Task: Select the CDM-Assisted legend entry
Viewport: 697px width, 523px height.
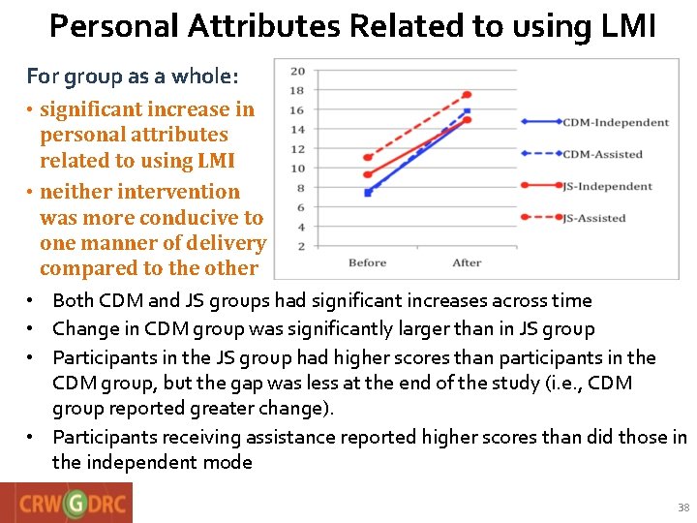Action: tap(602, 154)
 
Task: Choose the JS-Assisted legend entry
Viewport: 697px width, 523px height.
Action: tap(594, 218)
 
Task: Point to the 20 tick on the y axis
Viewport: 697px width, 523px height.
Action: tap(298, 72)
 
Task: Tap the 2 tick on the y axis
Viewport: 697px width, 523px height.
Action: tap(301, 246)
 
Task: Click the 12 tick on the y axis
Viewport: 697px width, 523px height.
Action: tap(298, 149)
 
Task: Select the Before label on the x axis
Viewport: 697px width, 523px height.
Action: tap(367, 262)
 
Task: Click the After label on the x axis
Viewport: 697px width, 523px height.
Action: tap(467, 262)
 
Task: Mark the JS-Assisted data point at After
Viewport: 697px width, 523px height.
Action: tap(467, 95)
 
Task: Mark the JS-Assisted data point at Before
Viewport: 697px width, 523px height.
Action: tap(367, 157)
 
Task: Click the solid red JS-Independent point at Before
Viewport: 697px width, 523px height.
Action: tap(367, 174)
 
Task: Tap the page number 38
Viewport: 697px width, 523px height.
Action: tap(683, 508)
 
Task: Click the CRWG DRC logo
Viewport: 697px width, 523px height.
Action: tap(66, 504)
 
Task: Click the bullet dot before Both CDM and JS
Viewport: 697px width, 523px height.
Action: tap(32, 301)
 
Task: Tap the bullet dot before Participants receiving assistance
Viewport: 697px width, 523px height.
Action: tap(32, 437)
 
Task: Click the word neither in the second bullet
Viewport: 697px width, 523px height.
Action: tap(76, 192)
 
